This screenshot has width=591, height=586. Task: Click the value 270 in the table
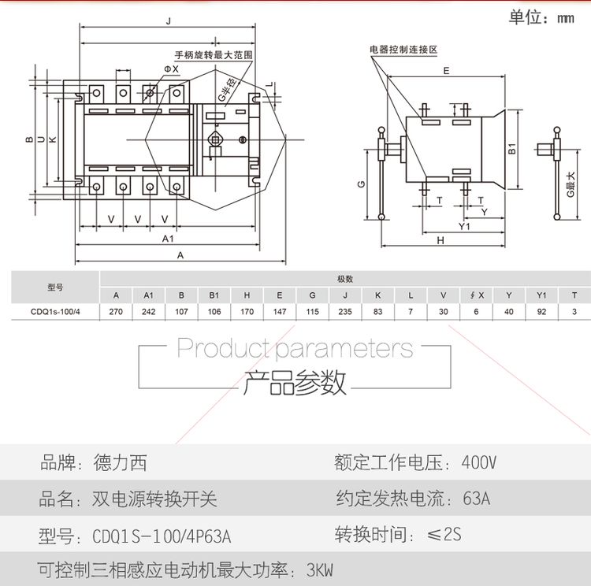tap(116, 312)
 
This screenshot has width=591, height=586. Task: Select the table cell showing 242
tap(148, 312)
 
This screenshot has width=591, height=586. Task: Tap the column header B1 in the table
tap(214, 295)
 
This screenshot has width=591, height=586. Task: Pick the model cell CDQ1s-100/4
tap(55, 312)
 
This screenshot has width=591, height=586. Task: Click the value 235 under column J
tap(345, 312)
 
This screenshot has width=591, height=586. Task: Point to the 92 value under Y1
tap(541, 312)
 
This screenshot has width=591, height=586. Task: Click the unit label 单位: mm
tap(541, 17)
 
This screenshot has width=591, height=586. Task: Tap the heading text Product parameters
tap(295, 347)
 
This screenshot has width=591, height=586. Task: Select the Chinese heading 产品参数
tap(295, 384)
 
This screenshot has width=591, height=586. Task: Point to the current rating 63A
tap(477, 499)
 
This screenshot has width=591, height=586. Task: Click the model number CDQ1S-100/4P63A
tap(162, 536)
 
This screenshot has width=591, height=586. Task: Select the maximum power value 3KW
tap(320, 569)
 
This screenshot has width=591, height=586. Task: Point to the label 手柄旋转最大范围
tap(213, 55)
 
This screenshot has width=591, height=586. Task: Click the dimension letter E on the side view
tap(446, 71)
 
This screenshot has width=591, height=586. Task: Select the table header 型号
tap(55, 287)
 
